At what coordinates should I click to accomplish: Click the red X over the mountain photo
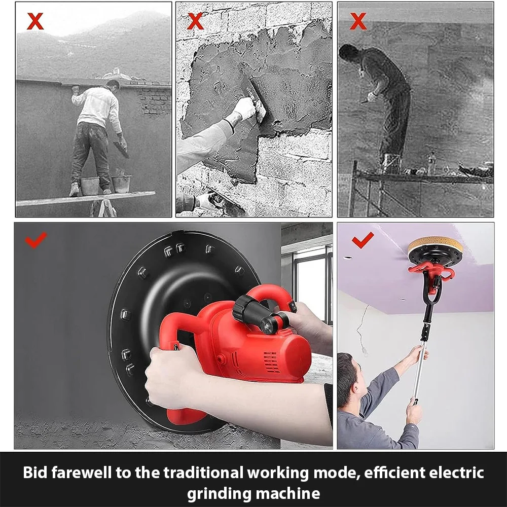(35, 21)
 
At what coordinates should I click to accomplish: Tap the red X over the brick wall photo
(195, 21)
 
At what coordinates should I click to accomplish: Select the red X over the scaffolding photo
(358, 21)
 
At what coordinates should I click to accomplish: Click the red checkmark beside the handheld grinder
(36, 240)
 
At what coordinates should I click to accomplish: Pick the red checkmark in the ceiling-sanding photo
(363, 240)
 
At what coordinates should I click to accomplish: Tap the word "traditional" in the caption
(203, 473)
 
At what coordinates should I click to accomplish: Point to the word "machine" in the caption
(288, 494)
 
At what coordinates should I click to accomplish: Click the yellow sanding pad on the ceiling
(435, 245)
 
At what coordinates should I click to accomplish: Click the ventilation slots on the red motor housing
(271, 362)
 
